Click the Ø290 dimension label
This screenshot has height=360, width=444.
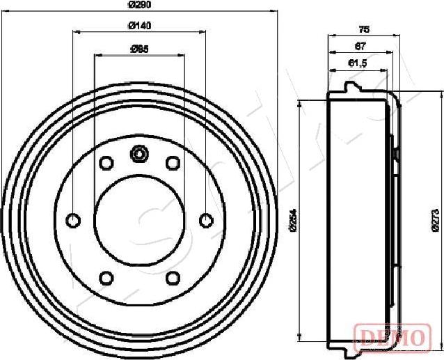tap(140, 4)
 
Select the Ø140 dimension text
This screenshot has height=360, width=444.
tap(140, 26)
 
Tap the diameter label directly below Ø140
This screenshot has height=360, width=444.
tap(140, 49)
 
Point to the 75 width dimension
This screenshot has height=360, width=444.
tap(363, 29)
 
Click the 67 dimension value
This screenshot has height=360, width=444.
tap(360, 46)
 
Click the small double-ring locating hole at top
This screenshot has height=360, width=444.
tap(139, 153)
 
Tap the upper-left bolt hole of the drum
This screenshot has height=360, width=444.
tap(106, 163)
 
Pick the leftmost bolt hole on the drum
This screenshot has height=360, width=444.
tap(73, 221)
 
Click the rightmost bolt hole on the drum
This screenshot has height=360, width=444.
tap(205, 221)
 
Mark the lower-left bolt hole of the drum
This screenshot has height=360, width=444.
tap(106, 279)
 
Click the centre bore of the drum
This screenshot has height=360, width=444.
tap(139, 221)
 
